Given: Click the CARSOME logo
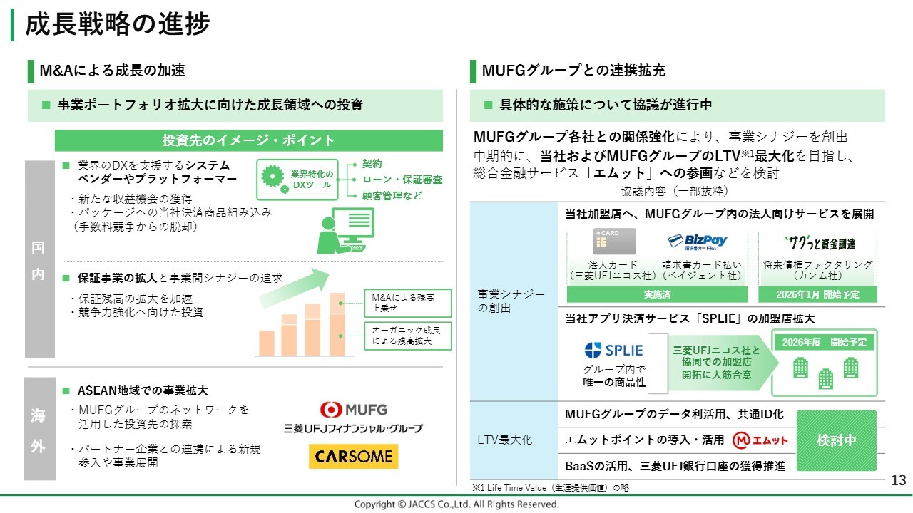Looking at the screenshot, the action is tap(353, 456).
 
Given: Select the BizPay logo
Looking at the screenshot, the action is tap(698, 242).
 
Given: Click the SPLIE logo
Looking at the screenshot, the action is tap(614, 350).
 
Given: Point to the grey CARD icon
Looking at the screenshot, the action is tap(614, 241).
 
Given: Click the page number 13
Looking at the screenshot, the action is tap(898, 480).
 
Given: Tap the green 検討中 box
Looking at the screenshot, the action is tap(837, 440).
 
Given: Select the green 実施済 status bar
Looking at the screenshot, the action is tap(657, 294).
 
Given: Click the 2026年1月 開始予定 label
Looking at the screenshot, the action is tap(817, 294).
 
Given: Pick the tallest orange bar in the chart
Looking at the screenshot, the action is tap(337, 324).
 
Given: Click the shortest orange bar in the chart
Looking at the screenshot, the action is tap(267, 343).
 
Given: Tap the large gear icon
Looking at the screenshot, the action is tap(272, 176).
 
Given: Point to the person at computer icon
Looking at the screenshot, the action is tap(346, 231).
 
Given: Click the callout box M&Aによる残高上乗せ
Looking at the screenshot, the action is tap(408, 303).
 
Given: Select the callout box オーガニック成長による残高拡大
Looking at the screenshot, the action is tap(408, 336).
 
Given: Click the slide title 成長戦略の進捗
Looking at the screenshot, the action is tap(118, 24).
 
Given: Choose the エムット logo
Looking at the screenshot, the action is tap(760, 440).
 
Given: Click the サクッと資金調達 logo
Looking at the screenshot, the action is tap(820, 243).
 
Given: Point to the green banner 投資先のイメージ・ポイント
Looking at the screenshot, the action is tap(249, 140).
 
